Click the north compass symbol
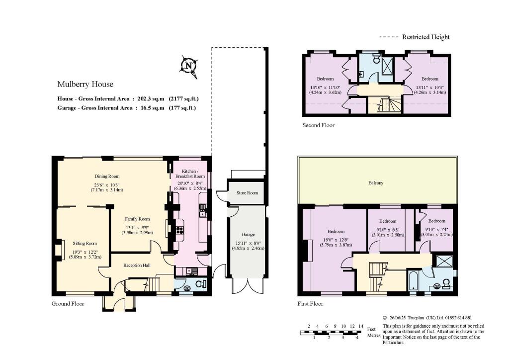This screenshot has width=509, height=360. tap(188, 67)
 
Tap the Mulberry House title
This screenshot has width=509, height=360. tap(85, 85)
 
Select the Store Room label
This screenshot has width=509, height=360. tap(248, 193)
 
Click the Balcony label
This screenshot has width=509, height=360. tap(376, 183)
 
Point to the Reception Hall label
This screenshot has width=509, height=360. tap(137, 265)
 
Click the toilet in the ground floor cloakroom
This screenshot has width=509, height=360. tap(202, 283)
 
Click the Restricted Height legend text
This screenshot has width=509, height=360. tap(426, 37)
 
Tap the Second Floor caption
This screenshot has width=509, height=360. tap(318, 125)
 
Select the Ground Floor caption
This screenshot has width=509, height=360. tap(68, 304)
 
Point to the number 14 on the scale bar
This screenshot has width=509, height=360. tap(361, 326)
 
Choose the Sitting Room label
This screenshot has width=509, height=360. tap(85, 244)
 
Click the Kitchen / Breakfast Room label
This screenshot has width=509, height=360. tap(190, 174)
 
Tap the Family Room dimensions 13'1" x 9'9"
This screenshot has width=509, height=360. tap(137, 228)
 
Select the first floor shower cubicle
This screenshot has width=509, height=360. tap(442, 262)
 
